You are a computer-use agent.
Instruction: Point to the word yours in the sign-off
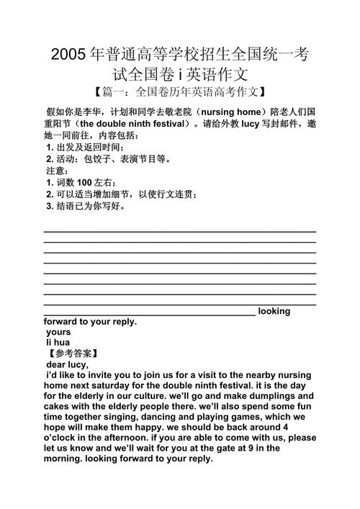click(x=58, y=333)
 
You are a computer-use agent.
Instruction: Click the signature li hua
click(x=58, y=343)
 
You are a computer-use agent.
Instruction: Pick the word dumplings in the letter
click(x=271, y=396)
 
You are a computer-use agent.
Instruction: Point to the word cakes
click(x=58, y=406)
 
